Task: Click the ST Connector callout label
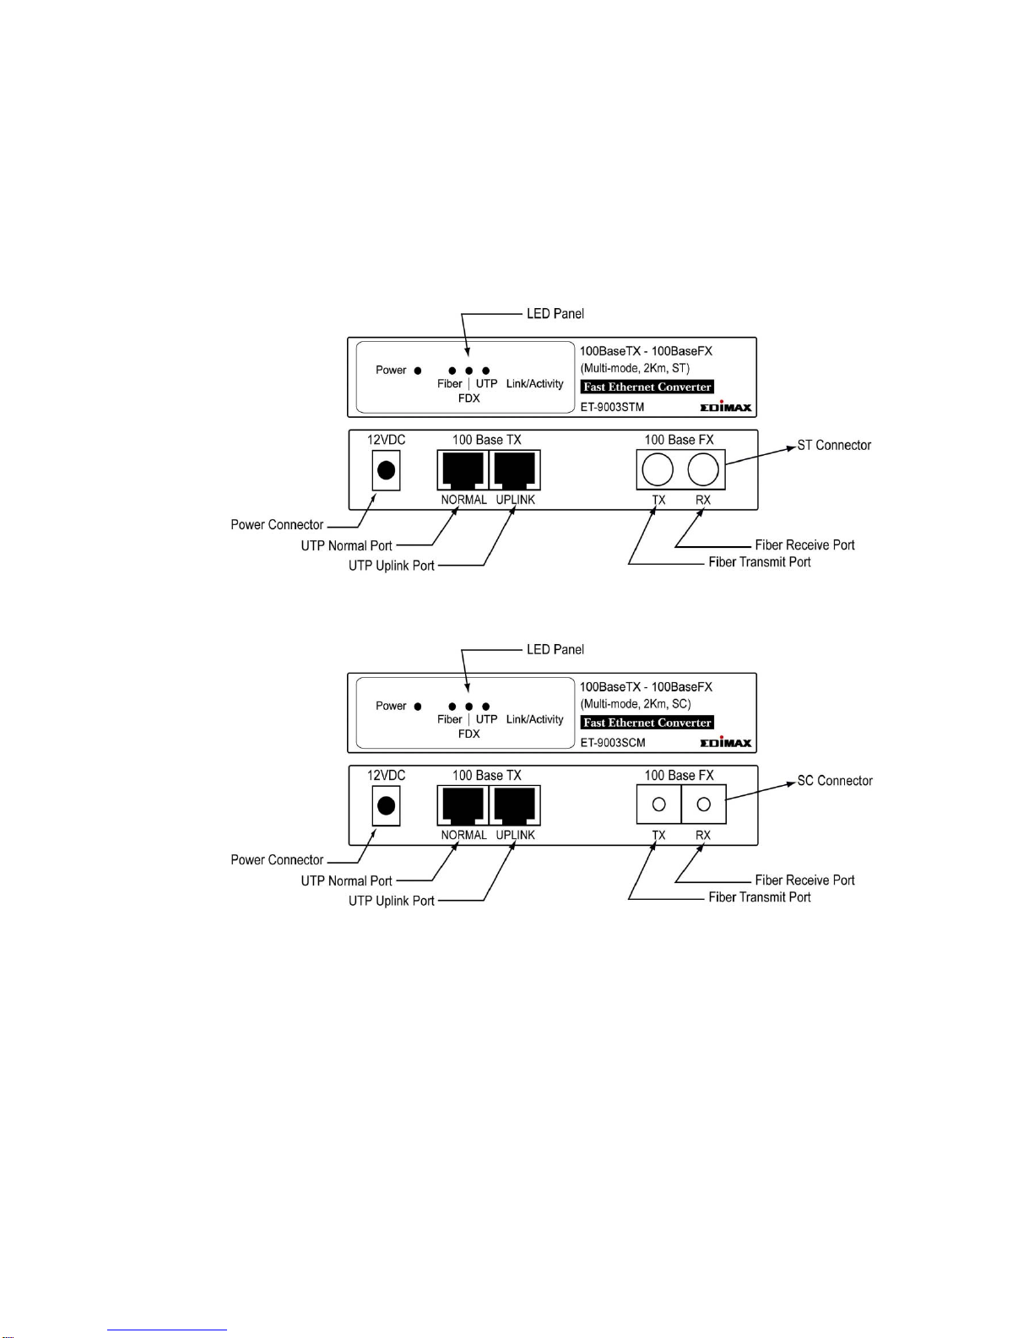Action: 834,445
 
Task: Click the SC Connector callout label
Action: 835,781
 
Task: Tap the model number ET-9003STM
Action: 612,407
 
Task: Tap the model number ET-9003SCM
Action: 613,743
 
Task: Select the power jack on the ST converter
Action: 387,470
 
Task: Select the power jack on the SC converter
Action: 387,805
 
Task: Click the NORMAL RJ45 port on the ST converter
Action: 463,470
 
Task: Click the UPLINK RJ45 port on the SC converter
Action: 515,804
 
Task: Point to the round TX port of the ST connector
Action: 658,469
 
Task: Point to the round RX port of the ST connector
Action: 703,469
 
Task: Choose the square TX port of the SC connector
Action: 659,804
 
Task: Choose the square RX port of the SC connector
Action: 704,804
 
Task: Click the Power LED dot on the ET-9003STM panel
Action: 418,371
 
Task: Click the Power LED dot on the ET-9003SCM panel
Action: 418,707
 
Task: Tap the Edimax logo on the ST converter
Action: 726,406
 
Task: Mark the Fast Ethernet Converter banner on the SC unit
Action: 647,723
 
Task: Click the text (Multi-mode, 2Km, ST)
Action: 635,368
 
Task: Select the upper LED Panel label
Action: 555,313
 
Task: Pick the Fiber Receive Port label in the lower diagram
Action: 805,880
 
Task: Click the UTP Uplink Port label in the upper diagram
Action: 392,566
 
